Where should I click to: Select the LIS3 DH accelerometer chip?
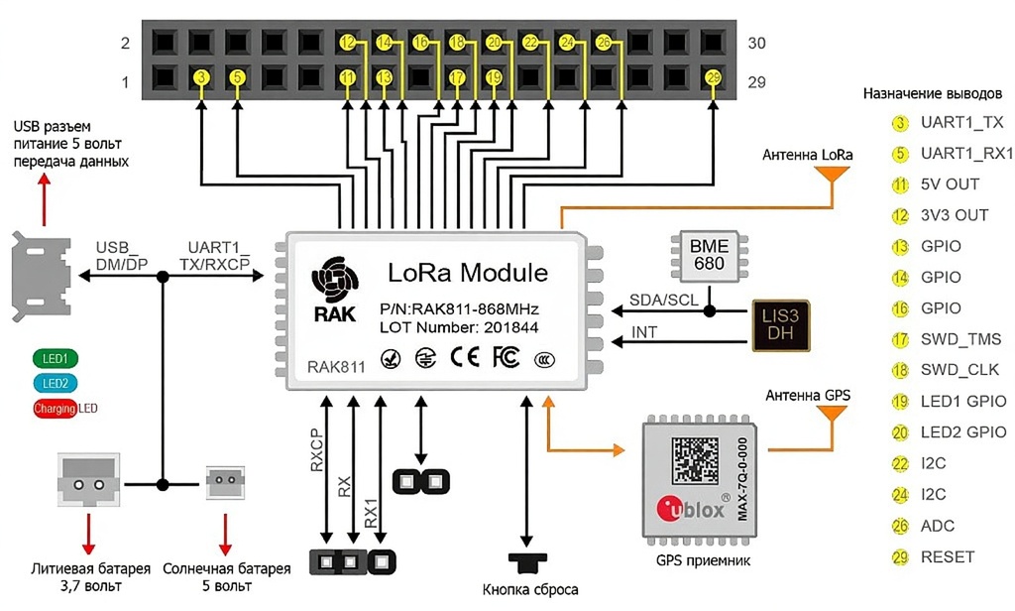(x=780, y=323)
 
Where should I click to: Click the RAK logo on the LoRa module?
(x=333, y=294)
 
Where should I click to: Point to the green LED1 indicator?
(x=55, y=359)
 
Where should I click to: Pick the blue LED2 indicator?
(x=55, y=384)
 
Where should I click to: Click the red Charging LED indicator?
(x=56, y=408)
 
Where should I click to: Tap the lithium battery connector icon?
(x=87, y=483)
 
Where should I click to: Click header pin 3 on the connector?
(x=201, y=77)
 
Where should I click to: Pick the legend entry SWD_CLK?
(x=960, y=370)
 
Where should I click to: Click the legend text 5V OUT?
(x=950, y=184)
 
